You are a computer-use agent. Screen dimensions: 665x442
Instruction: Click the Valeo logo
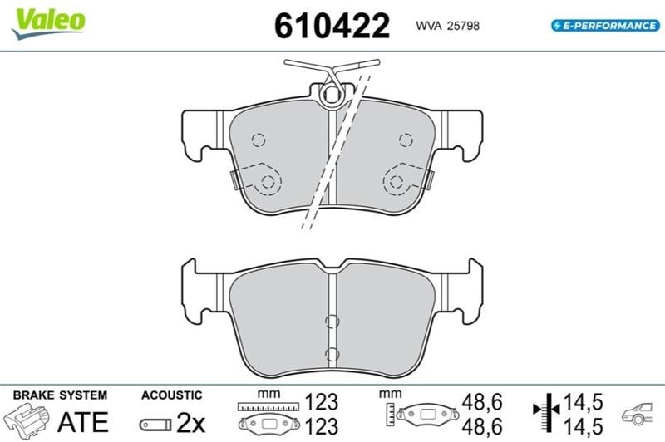click(x=48, y=22)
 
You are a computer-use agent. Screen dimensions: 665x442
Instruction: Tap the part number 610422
click(x=332, y=26)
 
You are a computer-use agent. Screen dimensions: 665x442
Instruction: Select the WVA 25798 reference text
click(x=447, y=26)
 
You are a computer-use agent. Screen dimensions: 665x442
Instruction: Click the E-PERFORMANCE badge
click(x=605, y=26)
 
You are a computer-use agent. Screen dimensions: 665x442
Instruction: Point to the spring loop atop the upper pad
click(x=331, y=95)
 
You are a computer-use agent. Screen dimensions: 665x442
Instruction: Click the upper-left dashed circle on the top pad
click(x=259, y=140)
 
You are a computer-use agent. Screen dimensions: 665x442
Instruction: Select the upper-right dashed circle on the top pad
click(x=406, y=140)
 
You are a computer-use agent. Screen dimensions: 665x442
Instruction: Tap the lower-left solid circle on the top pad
click(x=268, y=182)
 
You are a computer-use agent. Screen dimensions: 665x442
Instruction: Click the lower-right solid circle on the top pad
click(x=397, y=182)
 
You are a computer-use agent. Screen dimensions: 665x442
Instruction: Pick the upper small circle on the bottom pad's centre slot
click(x=332, y=322)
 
